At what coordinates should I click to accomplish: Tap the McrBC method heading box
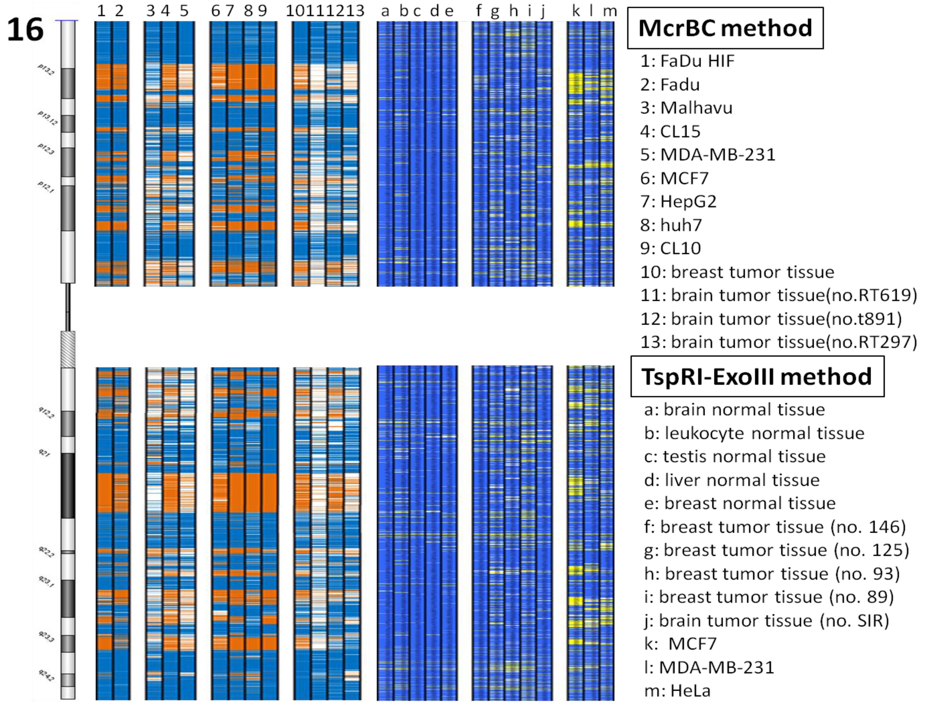point(725,28)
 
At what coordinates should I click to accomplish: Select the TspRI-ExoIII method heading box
point(757,377)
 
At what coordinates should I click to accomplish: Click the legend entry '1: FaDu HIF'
point(687,61)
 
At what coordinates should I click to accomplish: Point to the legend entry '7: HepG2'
point(678,201)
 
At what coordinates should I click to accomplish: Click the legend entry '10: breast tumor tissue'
point(737,272)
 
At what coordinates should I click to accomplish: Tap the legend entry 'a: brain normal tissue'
point(734,410)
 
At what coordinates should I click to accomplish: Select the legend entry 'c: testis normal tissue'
point(734,456)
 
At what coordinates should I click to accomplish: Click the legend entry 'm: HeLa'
point(677,691)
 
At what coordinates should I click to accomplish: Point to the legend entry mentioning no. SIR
point(766,621)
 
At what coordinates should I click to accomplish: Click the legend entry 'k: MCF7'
point(680,644)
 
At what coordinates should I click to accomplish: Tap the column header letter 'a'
point(385,11)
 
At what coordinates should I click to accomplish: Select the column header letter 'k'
point(575,11)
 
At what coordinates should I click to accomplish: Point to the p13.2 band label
point(46,70)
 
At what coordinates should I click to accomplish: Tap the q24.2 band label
point(46,675)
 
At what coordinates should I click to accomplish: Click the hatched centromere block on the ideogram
point(68,349)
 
